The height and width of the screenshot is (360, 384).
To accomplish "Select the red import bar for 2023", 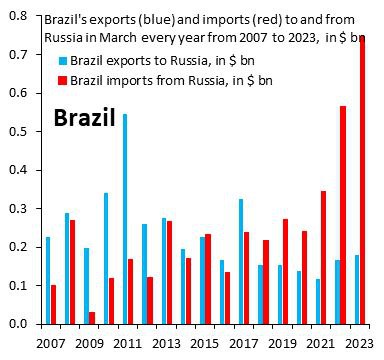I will pos(363,180).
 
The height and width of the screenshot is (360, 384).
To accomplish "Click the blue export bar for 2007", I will pos(47,280).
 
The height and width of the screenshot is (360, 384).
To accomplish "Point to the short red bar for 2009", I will pos(92,317).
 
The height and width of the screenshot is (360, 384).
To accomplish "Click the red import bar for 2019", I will pos(286,271).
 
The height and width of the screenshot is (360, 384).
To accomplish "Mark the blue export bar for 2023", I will pos(355,289).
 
